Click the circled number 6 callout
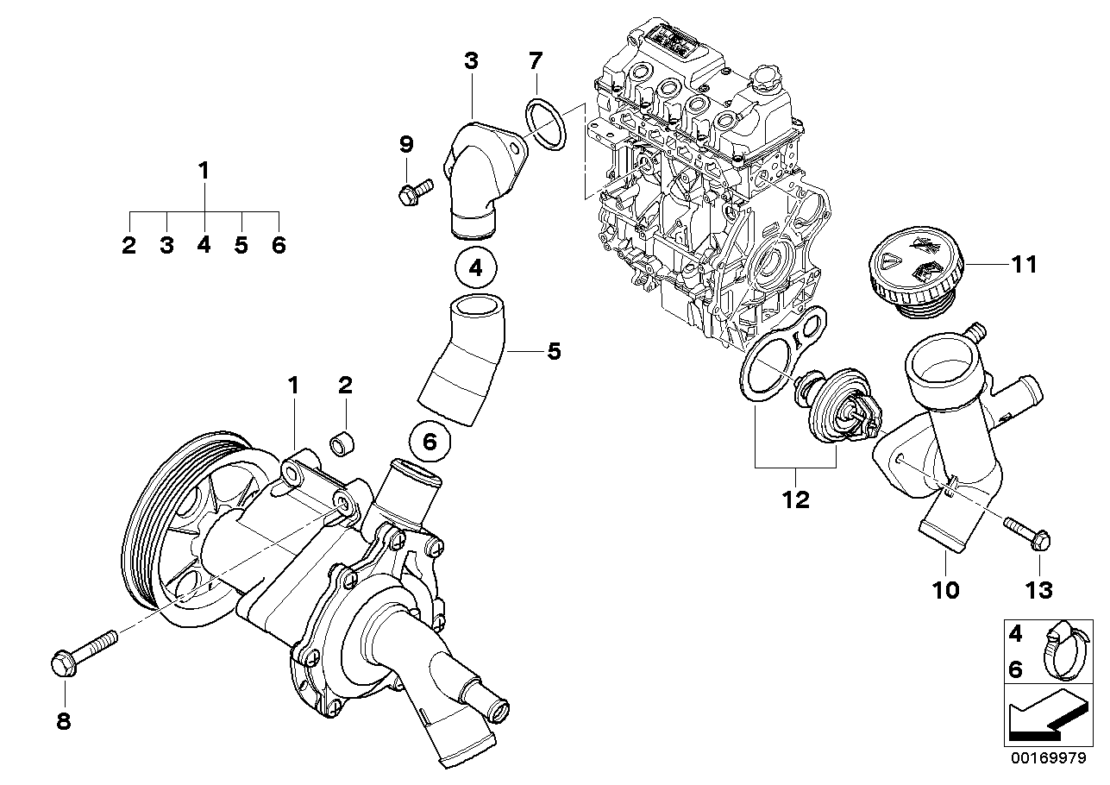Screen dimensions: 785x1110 click(430, 442)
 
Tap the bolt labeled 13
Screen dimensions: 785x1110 click(1025, 532)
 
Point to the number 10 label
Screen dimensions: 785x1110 click(945, 590)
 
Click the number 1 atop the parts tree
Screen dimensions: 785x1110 click(204, 171)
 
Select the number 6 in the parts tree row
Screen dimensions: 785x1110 click(278, 246)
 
